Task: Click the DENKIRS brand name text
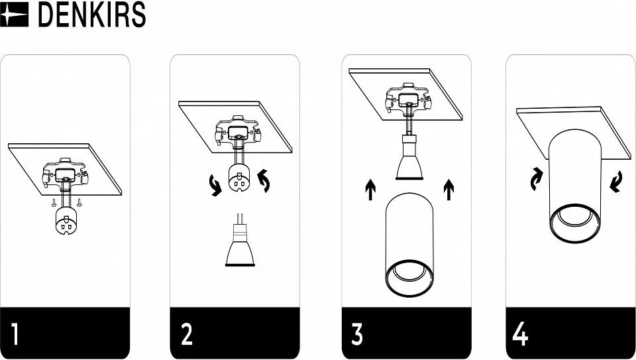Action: pyautogui.click(x=91, y=15)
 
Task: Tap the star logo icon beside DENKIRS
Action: pyautogui.click(x=14, y=15)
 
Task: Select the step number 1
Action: pyautogui.click(x=15, y=333)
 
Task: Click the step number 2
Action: pyautogui.click(x=187, y=333)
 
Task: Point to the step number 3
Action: pyautogui.click(x=357, y=333)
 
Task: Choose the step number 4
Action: pyautogui.click(x=521, y=333)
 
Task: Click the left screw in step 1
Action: pyautogui.click(x=54, y=202)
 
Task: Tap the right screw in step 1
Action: pyautogui.click(x=79, y=202)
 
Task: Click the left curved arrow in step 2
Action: pyautogui.click(x=215, y=185)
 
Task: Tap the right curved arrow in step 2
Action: pyautogui.click(x=264, y=180)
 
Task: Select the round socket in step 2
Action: pyautogui.click(x=239, y=178)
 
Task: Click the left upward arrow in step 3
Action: pyautogui.click(x=370, y=190)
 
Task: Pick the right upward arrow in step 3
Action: pyautogui.click(x=449, y=190)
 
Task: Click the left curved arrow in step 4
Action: pyautogui.click(x=537, y=179)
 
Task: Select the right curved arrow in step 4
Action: pyautogui.click(x=616, y=182)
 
